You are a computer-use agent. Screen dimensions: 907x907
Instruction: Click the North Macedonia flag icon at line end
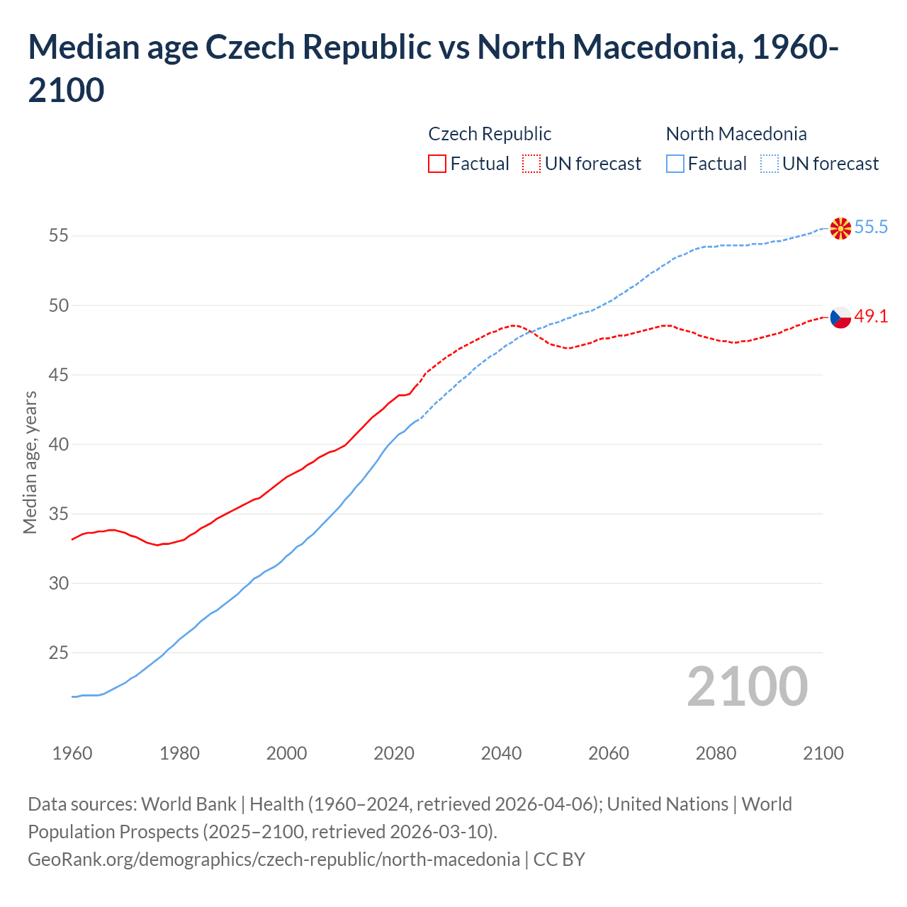(840, 228)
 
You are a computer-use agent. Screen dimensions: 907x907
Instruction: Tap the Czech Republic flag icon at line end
(840, 317)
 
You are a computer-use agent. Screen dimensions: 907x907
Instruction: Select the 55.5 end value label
(871, 227)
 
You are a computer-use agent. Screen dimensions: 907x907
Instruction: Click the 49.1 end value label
(871, 317)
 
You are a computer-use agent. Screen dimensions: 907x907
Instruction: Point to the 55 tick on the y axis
(58, 236)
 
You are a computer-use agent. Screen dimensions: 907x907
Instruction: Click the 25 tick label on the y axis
(58, 653)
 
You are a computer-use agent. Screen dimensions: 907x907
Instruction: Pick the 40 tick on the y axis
(58, 444)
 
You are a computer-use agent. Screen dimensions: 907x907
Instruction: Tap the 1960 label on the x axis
(72, 753)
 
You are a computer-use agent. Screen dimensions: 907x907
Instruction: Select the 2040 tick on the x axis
(501, 753)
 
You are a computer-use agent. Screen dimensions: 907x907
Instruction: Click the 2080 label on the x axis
(716, 753)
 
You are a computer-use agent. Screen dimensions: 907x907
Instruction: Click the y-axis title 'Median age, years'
(30, 462)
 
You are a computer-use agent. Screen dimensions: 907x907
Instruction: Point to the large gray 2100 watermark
(747, 686)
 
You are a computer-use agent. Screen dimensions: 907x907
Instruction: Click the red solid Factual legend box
(437, 164)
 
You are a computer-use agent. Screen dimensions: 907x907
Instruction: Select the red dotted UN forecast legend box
(531, 164)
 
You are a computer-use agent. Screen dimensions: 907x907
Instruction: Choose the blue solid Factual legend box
(675, 164)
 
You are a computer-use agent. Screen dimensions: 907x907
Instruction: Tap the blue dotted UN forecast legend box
(769, 164)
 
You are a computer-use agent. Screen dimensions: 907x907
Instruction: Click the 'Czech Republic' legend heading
(490, 134)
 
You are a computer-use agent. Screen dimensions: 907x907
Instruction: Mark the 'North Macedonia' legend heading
(736, 134)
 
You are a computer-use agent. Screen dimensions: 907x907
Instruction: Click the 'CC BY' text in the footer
(559, 860)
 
